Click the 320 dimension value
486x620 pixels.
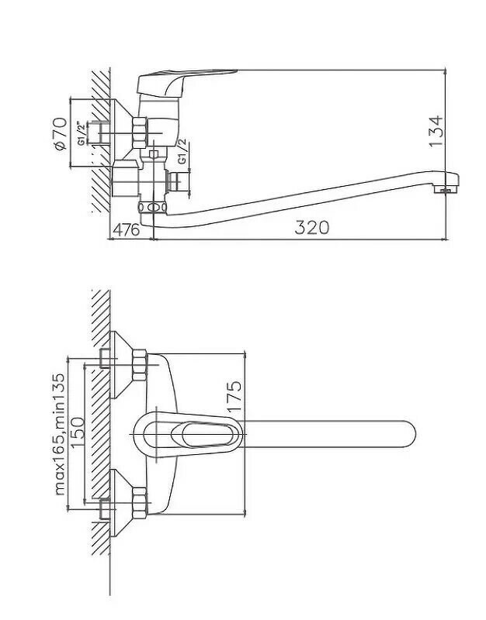312,227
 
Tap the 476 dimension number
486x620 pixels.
127,229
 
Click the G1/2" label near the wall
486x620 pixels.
82,133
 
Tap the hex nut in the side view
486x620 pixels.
140,132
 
